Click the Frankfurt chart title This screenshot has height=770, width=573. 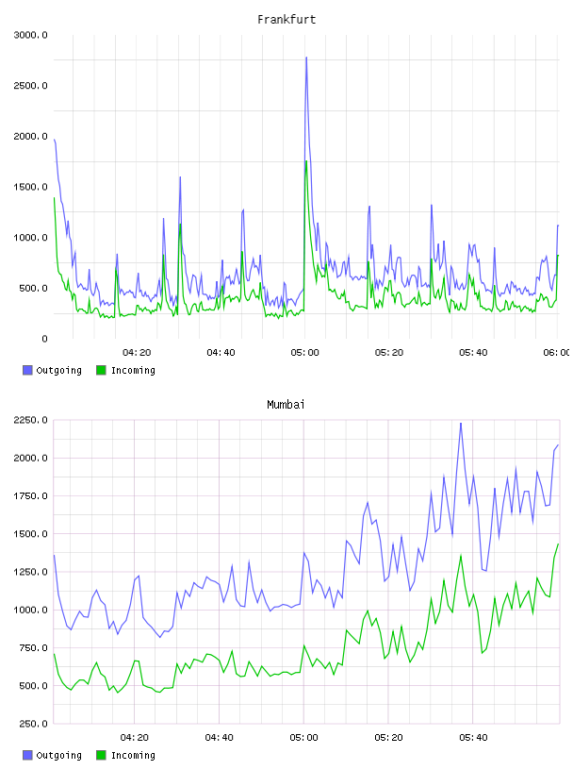point(286,20)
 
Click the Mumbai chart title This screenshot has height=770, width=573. point(286,405)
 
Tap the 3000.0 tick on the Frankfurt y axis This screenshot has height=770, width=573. point(30,35)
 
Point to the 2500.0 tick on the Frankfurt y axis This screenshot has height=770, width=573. point(30,86)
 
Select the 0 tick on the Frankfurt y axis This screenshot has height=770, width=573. point(44,339)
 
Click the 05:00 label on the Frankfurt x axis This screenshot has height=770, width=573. point(304,353)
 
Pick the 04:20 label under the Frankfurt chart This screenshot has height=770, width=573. point(137,353)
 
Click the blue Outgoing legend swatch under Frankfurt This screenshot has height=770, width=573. point(27,370)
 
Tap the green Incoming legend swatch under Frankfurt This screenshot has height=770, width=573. point(101,370)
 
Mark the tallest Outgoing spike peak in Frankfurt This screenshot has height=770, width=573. point(306,58)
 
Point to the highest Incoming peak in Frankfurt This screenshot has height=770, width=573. point(306,161)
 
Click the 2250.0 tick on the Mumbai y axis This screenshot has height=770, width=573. point(30,420)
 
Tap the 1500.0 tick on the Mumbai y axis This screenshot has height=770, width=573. point(30,534)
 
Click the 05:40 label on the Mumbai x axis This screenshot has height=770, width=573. point(473,738)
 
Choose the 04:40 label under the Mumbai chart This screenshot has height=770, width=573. point(220,738)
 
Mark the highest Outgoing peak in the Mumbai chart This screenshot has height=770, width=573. point(461,424)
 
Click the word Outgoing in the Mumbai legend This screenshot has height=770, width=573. point(58,755)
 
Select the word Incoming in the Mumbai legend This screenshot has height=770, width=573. point(133,755)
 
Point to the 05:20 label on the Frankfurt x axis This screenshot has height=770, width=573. point(389,353)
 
